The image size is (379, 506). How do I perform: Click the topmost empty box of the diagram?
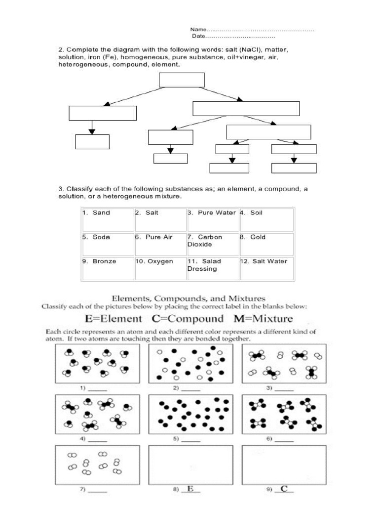click(182, 80)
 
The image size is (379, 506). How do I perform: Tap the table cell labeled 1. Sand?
click(108, 219)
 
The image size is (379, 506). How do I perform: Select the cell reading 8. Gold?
click(266, 244)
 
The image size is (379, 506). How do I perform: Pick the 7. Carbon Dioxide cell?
click(213, 244)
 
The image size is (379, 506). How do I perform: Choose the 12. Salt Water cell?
click(266, 268)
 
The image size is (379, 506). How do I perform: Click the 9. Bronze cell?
click(108, 268)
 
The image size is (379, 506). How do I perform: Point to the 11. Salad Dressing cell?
click(213, 268)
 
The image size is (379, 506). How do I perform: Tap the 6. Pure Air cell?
click(160, 244)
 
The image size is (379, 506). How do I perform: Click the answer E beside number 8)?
click(190, 489)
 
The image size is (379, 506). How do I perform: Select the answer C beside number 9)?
click(284, 489)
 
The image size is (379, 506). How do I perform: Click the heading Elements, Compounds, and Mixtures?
click(189, 298)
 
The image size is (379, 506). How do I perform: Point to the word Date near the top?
click(198, 37)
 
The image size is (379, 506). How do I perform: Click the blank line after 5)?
click(191, 440)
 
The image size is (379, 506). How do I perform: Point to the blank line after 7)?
click(97, 491)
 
